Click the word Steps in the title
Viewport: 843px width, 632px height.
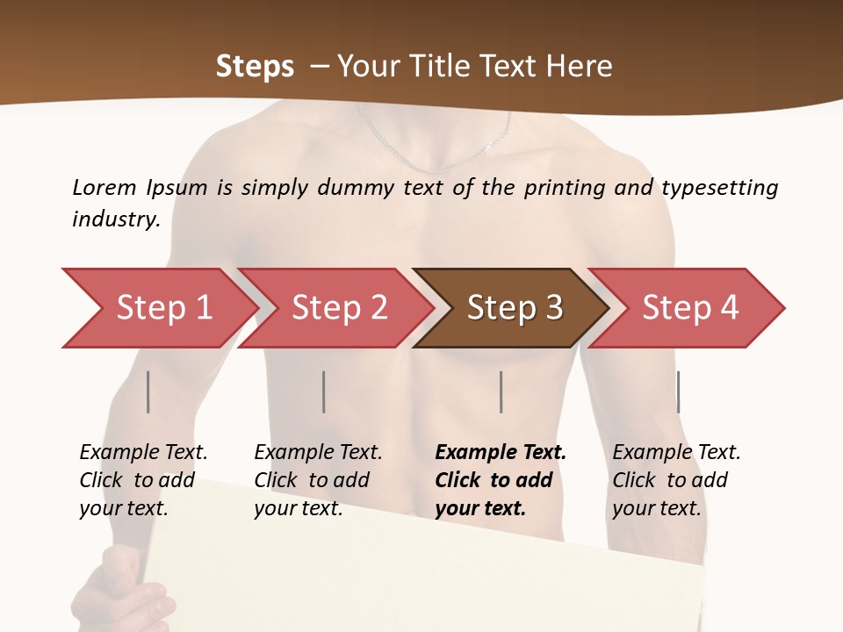point(255,66)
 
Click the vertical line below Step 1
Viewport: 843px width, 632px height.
point(148,391)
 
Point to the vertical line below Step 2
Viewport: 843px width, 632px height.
point(324,391)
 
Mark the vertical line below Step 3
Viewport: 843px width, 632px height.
point(501,391)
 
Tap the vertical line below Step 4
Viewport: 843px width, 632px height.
point(678,391)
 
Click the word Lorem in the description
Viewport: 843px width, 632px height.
point(104,187)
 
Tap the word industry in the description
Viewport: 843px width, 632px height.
point(115,219)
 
